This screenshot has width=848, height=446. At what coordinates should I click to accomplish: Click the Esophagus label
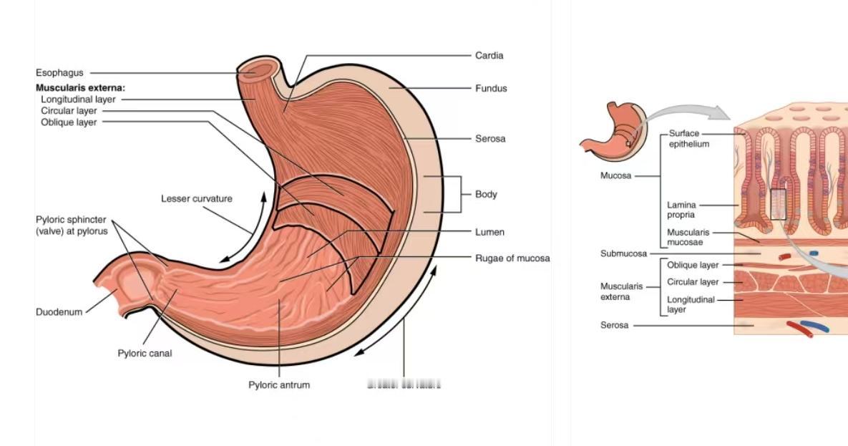(59, 72)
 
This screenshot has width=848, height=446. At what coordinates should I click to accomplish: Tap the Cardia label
(489, 55)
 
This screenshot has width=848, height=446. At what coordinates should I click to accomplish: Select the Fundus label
(491, 88)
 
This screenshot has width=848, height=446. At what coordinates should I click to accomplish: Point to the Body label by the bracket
(486, 194)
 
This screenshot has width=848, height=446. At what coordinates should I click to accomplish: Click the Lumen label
(489, 232)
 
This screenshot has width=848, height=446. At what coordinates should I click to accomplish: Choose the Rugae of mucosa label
(512, 258)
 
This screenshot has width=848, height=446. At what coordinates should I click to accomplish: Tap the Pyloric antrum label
(279, 384)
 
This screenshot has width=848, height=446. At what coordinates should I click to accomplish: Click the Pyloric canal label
(145, 353)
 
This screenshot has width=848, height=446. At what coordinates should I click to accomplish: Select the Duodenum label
(59, 311)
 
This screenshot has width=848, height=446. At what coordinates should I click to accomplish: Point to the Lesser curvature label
(196, 198)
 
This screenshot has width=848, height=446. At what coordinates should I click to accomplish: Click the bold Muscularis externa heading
(80, 88)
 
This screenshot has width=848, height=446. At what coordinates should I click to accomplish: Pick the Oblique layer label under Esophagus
(69, 122)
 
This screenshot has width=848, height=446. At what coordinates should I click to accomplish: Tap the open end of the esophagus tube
(257, 71)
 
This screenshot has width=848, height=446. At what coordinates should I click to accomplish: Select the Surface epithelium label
(688, 139)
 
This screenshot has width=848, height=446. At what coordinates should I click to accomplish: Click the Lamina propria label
(681, 210)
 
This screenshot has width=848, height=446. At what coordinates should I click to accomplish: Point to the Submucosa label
(623, 253)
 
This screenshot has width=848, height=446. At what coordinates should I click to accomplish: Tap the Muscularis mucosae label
(688, 237)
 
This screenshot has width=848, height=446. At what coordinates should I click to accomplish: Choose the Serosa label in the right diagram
(614, 325)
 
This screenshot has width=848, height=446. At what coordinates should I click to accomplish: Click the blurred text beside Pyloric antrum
(404, 384)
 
